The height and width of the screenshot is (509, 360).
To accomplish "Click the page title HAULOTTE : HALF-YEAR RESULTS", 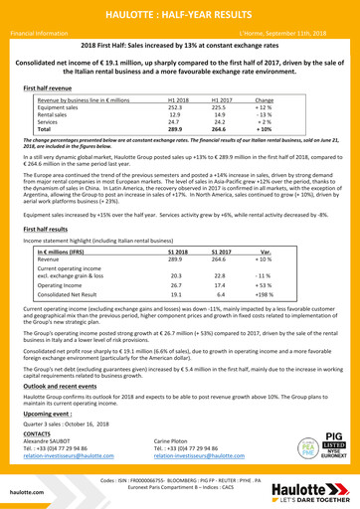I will (180, 11).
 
